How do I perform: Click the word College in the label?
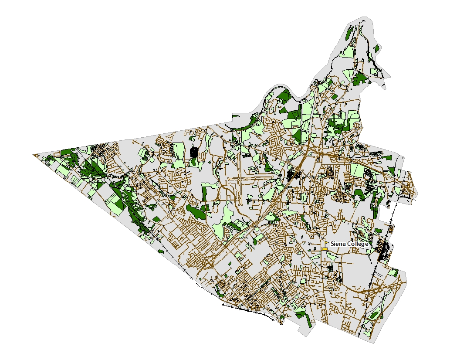tap(357, 244)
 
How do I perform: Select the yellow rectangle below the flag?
tap(325, 249)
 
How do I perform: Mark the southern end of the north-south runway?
tap(240, 204)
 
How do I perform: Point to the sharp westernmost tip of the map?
tap(34, 154)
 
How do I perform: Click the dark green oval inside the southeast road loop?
tap(373, 314)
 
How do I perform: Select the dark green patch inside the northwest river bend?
tap(284, 97)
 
